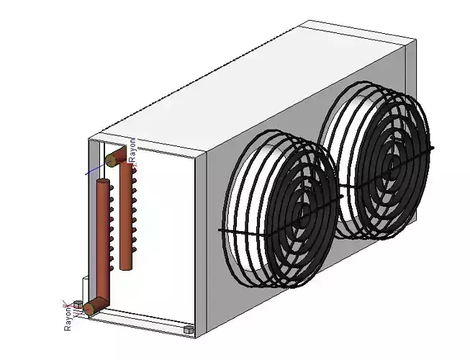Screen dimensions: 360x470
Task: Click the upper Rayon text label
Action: point(132,148)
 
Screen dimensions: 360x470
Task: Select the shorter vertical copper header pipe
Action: point(127,216)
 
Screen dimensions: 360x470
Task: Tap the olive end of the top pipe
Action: point(112,158)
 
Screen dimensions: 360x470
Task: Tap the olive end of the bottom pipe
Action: point(89,309)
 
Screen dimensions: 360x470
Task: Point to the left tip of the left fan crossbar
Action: point(220,230)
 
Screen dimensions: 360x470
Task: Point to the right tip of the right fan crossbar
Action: point(433,148)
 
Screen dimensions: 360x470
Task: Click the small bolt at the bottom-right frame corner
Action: point(189,329)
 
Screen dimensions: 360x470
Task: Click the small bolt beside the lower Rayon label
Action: point(78,303)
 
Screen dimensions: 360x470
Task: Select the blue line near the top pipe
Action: point(94,170)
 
